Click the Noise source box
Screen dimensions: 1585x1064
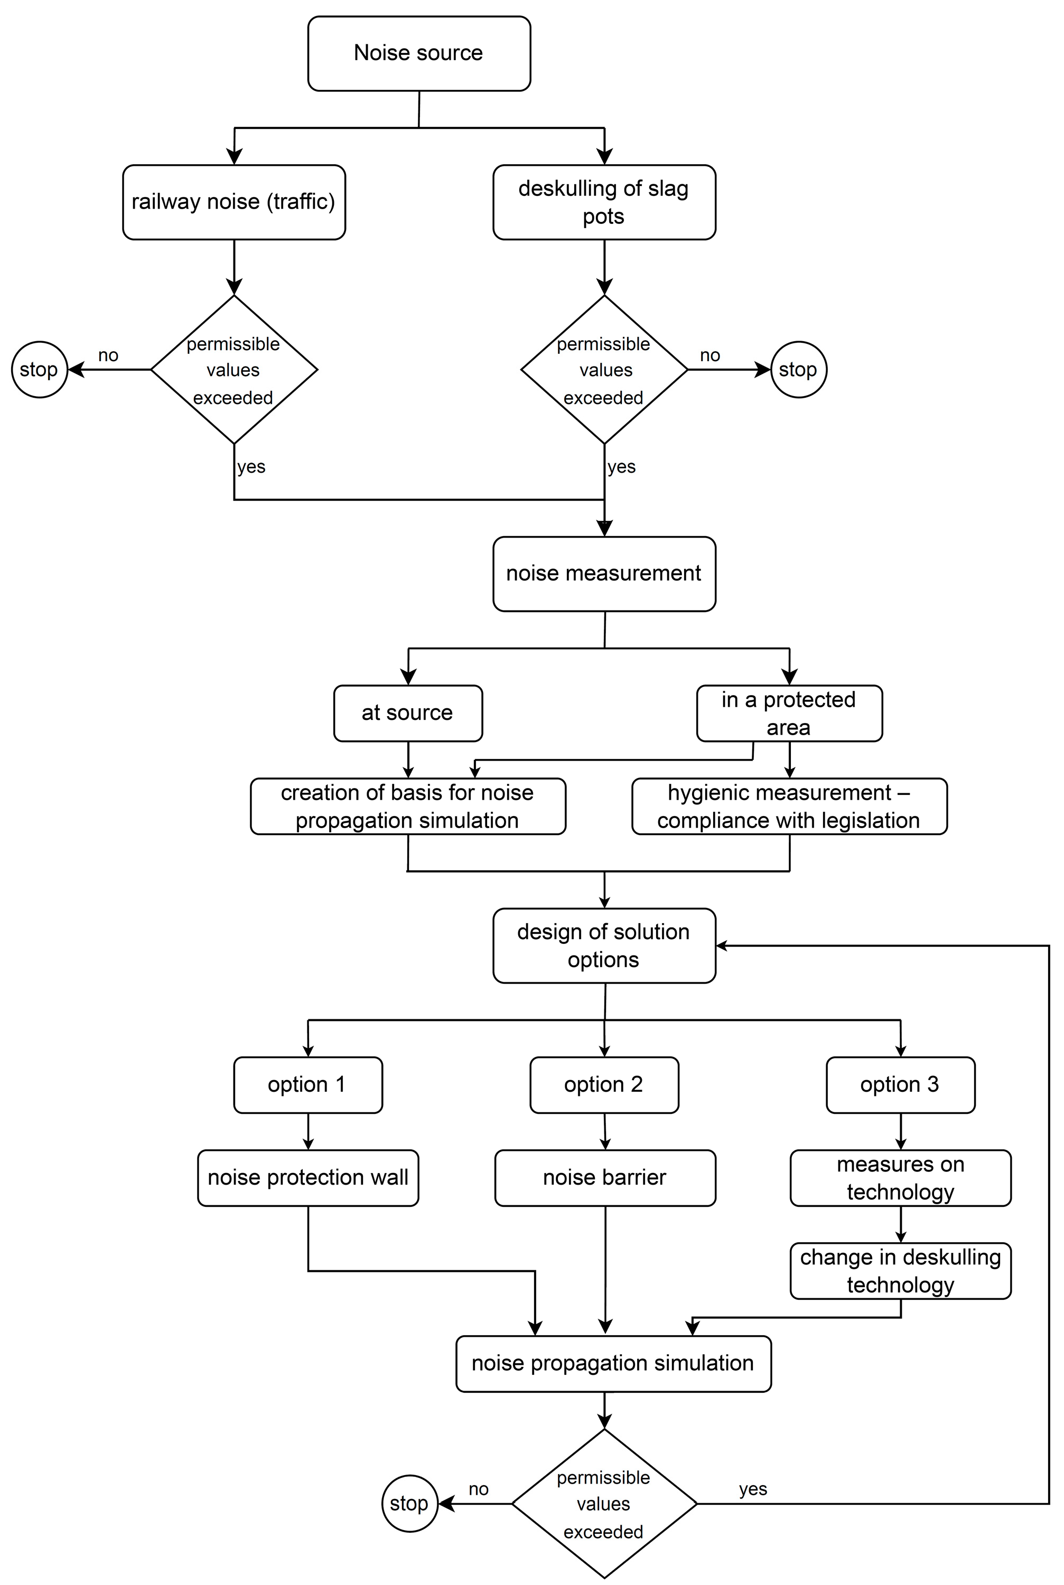click(418, 53)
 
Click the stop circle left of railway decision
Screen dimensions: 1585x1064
click(39, 370)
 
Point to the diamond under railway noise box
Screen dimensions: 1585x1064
click(234, 370)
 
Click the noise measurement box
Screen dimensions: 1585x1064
click(604, 574)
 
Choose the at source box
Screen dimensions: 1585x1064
click(408, 713)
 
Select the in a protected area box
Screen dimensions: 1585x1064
click(789, 713)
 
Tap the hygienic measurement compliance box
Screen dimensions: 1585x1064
click(789, 806)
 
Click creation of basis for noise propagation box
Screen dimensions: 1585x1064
click(408, 806)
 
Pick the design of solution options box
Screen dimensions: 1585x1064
click(604, 945)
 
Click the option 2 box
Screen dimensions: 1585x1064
click(604, 1084)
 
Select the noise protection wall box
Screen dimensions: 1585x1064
click(308, 1177)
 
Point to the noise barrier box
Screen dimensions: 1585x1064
click(604, 1177)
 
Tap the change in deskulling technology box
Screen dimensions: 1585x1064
click(900, 1271)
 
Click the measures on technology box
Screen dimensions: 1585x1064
click(900, 1177)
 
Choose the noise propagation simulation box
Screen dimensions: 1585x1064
click(613, 1364)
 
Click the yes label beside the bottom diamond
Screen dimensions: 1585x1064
click(752, 1489)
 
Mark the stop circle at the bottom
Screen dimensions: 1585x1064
click(409, 1504)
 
